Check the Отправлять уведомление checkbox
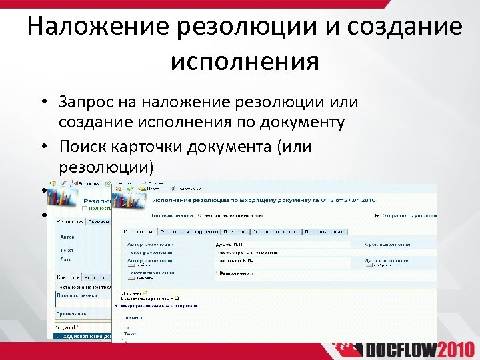pyautogui.click(x=378, y=215)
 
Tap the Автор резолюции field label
pyautogui.click(x=150, y=245)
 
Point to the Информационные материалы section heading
pyautogui.click(x=157, y=305)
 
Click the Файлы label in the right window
pyautogui.click(x=131, y=318)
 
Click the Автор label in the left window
pyautogui.click(x=67, y=237)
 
